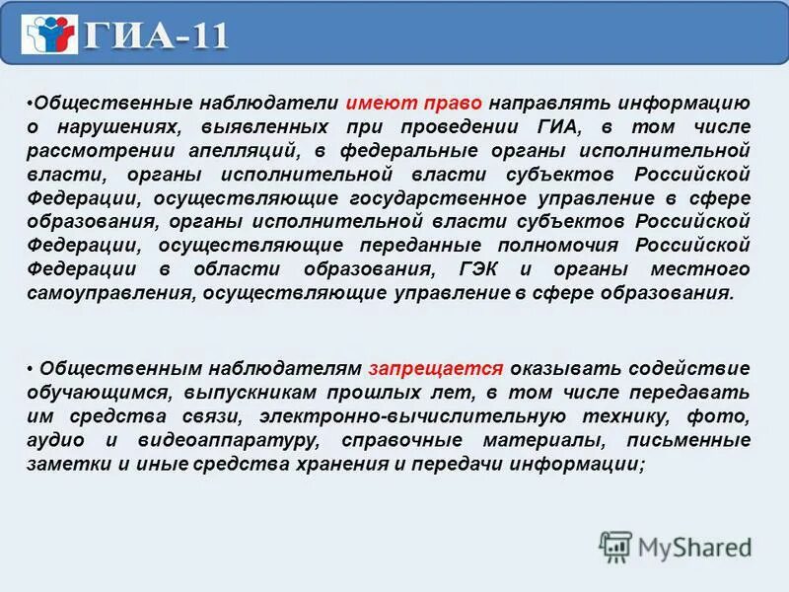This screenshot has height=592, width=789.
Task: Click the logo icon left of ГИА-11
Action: tap(50, 35)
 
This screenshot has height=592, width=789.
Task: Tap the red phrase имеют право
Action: tap(399, 104)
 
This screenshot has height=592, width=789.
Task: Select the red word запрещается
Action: tap(437, 369)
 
